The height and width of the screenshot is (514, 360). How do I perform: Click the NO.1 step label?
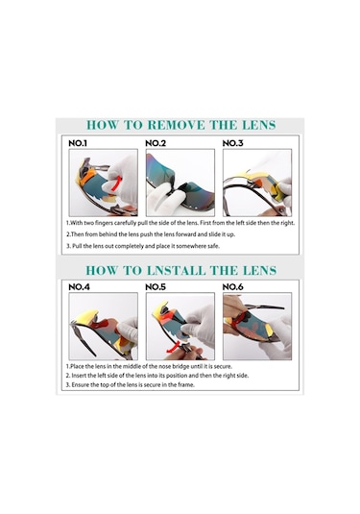point(78,143)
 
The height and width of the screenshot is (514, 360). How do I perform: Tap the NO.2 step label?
point(156,143)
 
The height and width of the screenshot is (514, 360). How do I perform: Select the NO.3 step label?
point(232,143)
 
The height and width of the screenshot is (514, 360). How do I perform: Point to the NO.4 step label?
point(79,287)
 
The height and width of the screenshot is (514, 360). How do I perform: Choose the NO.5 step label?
point(156,287)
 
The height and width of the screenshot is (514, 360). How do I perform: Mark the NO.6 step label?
point(232,287)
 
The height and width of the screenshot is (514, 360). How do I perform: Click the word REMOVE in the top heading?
point(177,125)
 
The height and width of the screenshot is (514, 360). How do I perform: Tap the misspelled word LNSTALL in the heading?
point(176,270)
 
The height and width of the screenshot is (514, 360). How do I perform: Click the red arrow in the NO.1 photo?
point(116,184)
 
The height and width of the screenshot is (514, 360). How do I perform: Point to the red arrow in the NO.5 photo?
point(174,348)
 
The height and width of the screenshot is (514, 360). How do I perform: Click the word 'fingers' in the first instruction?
point(104,223)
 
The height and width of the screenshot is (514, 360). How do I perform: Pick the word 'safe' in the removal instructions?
point(213,246)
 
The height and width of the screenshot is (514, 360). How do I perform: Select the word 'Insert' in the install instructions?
point(78,376)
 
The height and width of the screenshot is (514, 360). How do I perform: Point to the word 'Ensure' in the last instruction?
point(80,385)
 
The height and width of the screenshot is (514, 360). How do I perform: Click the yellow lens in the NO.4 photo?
point(85,317)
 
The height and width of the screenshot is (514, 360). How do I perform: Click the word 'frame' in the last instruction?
point(186,385)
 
